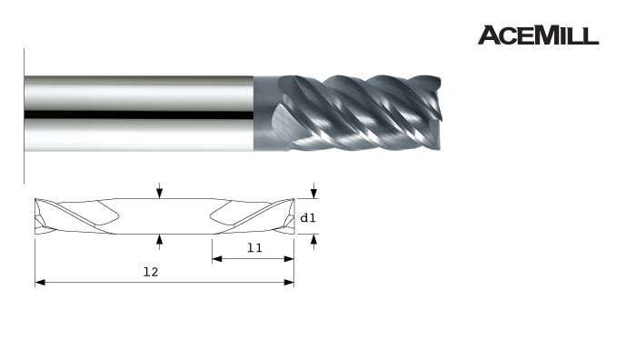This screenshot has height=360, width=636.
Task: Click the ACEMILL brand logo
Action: pos(538,35)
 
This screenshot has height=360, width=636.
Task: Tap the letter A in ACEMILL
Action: pos(489,35)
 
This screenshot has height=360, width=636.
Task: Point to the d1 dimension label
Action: pos(307,218)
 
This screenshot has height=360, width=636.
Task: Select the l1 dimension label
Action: pos(254,247)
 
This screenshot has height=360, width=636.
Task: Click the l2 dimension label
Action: pos(151,272)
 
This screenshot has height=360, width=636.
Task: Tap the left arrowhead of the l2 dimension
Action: pos(40,283)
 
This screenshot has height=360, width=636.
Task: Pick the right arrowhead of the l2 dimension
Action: pos(289,283)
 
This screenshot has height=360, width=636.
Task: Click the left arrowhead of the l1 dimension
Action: pos(217,258)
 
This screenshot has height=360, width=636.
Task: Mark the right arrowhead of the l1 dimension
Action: pos(289,258)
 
